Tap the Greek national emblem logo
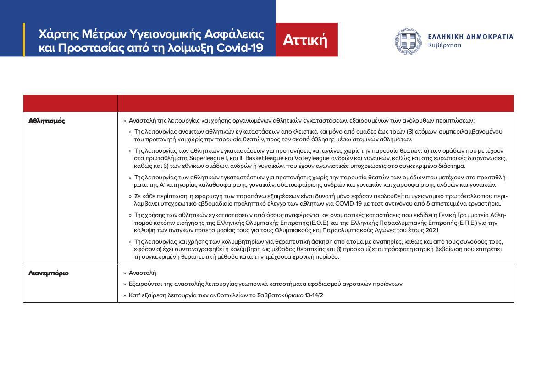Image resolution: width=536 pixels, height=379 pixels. tap(408, 41)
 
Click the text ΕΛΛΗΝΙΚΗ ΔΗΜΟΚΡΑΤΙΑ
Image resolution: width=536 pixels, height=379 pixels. tap(470, 37)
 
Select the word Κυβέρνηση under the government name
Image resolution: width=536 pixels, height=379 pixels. tap(444, 45)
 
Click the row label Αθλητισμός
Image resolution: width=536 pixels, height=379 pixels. tap(47, 121)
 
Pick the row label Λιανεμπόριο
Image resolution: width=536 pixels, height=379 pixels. tap(49, 273)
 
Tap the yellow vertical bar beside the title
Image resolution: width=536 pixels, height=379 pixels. tap(24, 40)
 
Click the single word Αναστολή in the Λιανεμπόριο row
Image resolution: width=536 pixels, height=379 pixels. tap(142, 273)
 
